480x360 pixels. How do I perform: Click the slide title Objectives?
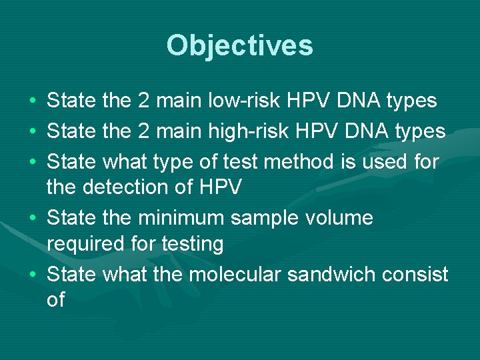click(x=239, y=45)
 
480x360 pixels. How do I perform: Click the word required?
click(x=85, y=245)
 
